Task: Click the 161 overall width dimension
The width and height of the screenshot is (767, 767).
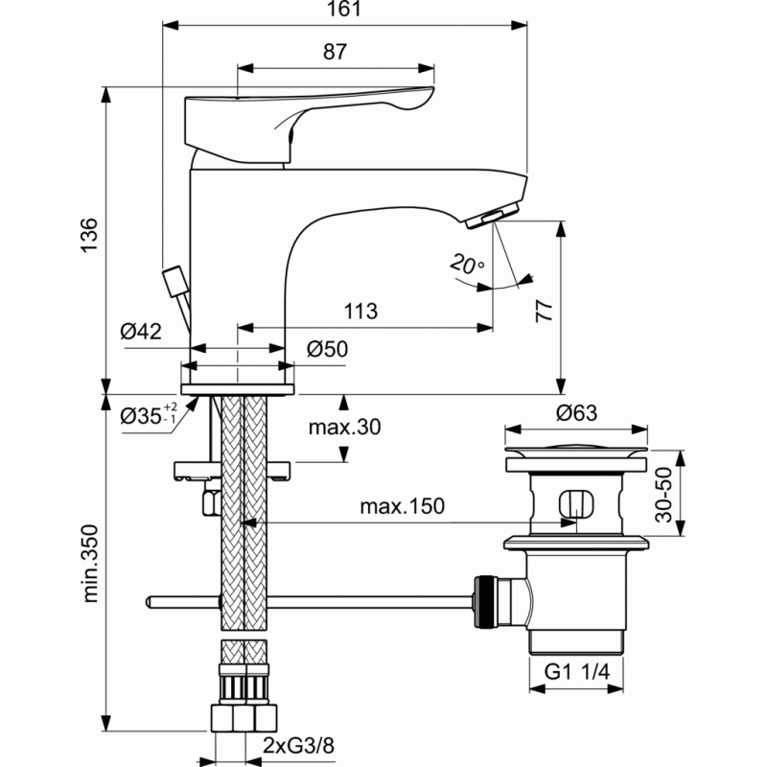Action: tap(344, 9)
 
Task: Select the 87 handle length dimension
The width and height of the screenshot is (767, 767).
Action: tap(335, 52)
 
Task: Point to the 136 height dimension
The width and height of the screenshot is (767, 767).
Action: tap(89, 235)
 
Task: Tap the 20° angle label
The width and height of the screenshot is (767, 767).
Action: tap(466, 264)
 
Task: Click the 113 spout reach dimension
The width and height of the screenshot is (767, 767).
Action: tap(360, 311)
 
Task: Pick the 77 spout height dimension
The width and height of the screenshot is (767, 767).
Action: tap(544, 311)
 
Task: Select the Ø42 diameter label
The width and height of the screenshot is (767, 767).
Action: tap(141, 332)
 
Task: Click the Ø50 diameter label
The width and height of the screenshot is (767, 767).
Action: tap(327, 349)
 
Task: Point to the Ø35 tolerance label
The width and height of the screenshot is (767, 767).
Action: tap(149, 415)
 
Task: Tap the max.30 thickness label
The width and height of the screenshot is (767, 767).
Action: tap(344, 427)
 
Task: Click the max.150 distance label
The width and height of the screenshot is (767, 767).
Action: tap(402, 506)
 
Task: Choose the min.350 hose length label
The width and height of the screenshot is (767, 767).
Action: tap(90, 563)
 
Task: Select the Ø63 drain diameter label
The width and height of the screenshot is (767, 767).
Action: tap(577, 413)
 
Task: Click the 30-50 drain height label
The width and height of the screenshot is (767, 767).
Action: tap(664, 495)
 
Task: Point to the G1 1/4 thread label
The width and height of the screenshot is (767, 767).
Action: tap(577, 672)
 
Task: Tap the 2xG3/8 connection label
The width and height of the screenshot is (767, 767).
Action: tap(298, 746)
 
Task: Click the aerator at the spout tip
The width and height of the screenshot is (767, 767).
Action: tap(492, 216)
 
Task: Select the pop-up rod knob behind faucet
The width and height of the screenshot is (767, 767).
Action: tap(174, 281)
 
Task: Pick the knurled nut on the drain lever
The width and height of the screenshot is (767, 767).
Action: tap(486, 602)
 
